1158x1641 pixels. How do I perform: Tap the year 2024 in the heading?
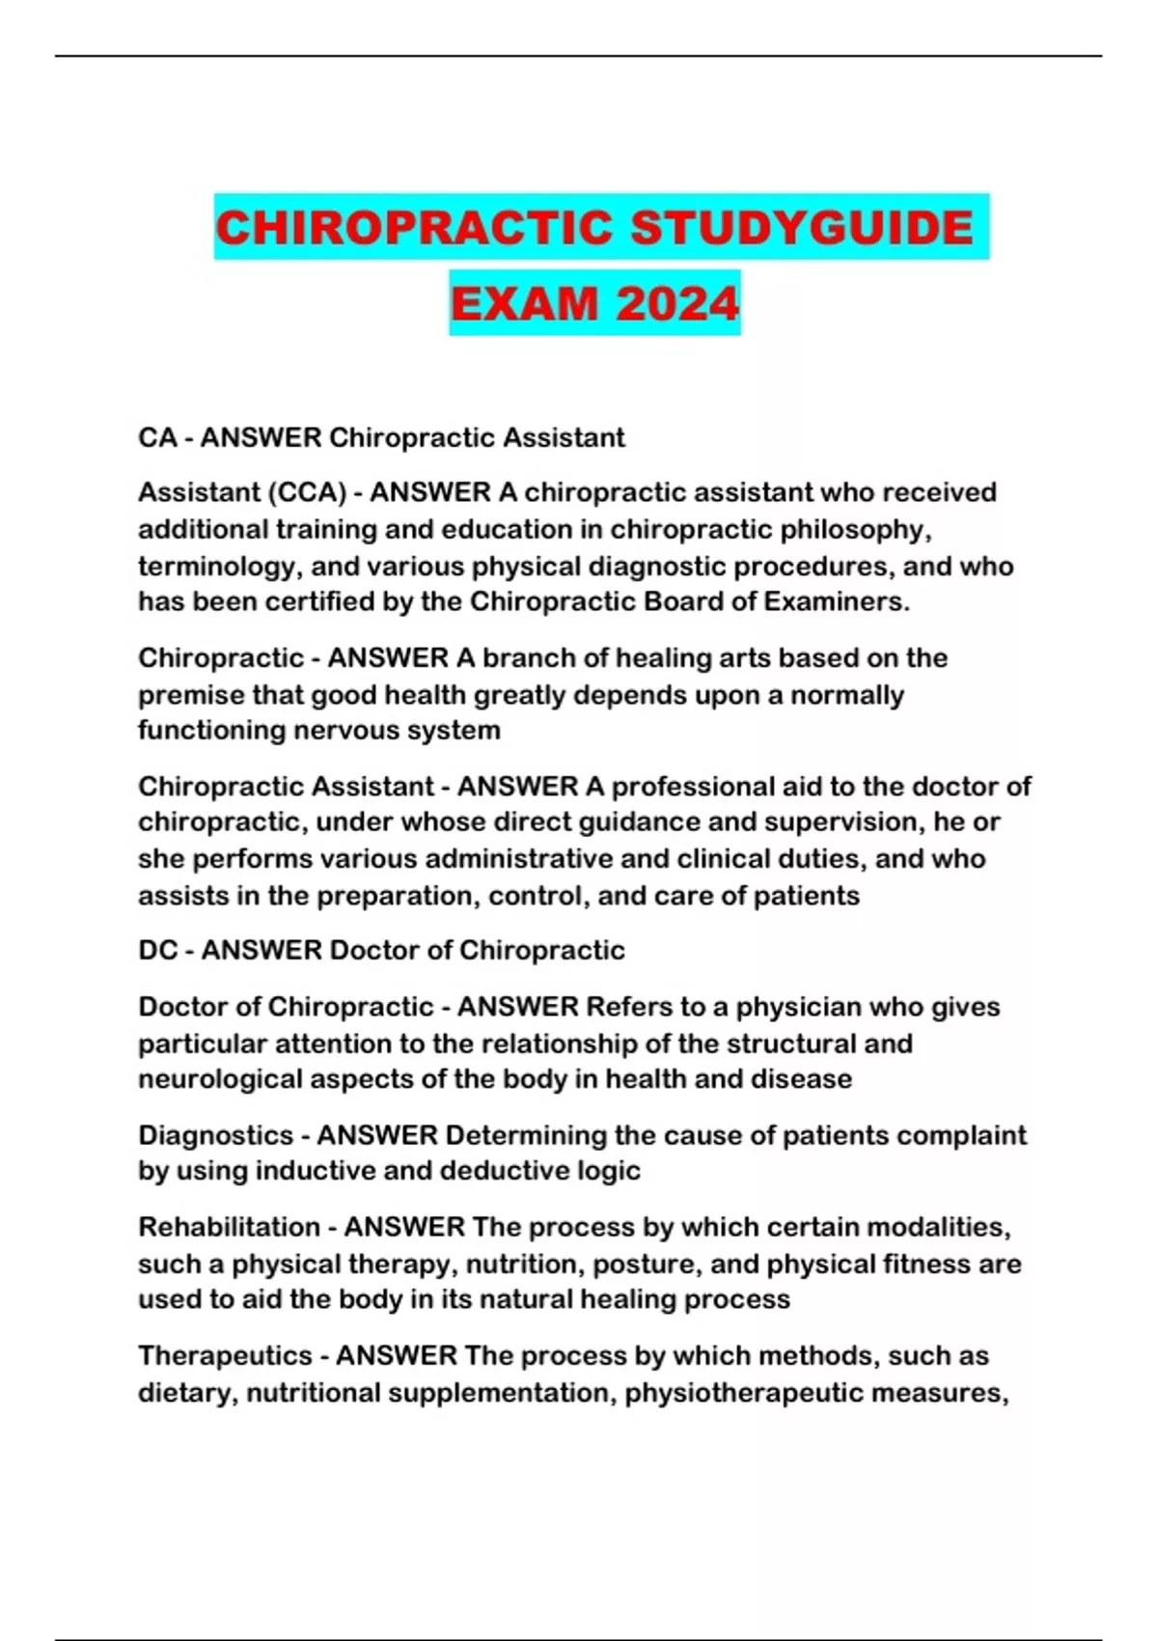click(x=677, y=304)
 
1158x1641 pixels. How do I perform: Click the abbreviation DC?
click(x=157, y=950)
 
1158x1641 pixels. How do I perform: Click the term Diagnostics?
click(x=215, y=1135)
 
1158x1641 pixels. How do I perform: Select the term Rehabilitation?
click(x=229, y=1227)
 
